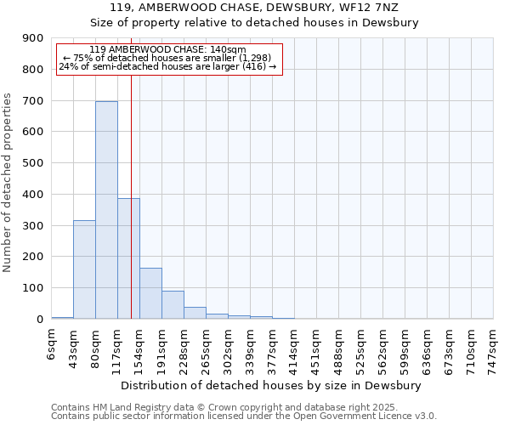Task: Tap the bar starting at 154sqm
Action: click(x=150, y=293)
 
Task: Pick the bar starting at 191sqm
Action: click(x=173, y=304)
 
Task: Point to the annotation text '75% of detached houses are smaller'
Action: click(x=167, y=58)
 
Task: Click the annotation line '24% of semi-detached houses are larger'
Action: click(x=167, y=67)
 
